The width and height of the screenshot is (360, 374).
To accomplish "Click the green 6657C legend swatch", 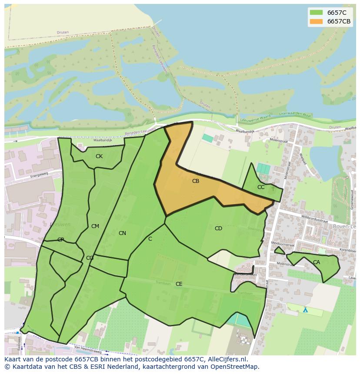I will (x=316, y=13).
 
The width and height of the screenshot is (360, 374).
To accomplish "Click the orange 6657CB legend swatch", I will (x=316, y=21).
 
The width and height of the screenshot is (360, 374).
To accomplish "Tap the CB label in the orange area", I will (x=196, y=181).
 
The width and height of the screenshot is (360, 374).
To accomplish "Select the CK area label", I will (x=99, y=156).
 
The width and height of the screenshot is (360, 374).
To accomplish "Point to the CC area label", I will (x=261, y=187).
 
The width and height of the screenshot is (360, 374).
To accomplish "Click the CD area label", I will (x=218, y=228).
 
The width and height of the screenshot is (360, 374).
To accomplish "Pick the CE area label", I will (x=179, y=284).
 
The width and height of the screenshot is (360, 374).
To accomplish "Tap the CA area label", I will (x=317, y=262).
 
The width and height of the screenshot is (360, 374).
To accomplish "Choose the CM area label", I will (x=95, y=226).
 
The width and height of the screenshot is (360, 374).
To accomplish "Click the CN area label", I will (x=122, y=233).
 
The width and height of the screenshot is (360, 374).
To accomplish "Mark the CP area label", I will (x=61, y=240).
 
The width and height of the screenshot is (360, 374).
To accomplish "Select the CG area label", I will (x=90, y=258).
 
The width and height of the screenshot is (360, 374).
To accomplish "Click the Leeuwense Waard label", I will (x=255, y=117).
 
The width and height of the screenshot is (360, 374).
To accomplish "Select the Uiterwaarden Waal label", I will (x=296, y=114).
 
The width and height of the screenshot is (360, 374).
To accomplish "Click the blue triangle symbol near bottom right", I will (x=305, y=310).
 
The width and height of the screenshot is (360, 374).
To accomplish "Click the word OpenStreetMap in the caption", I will (x=237, y=367).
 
